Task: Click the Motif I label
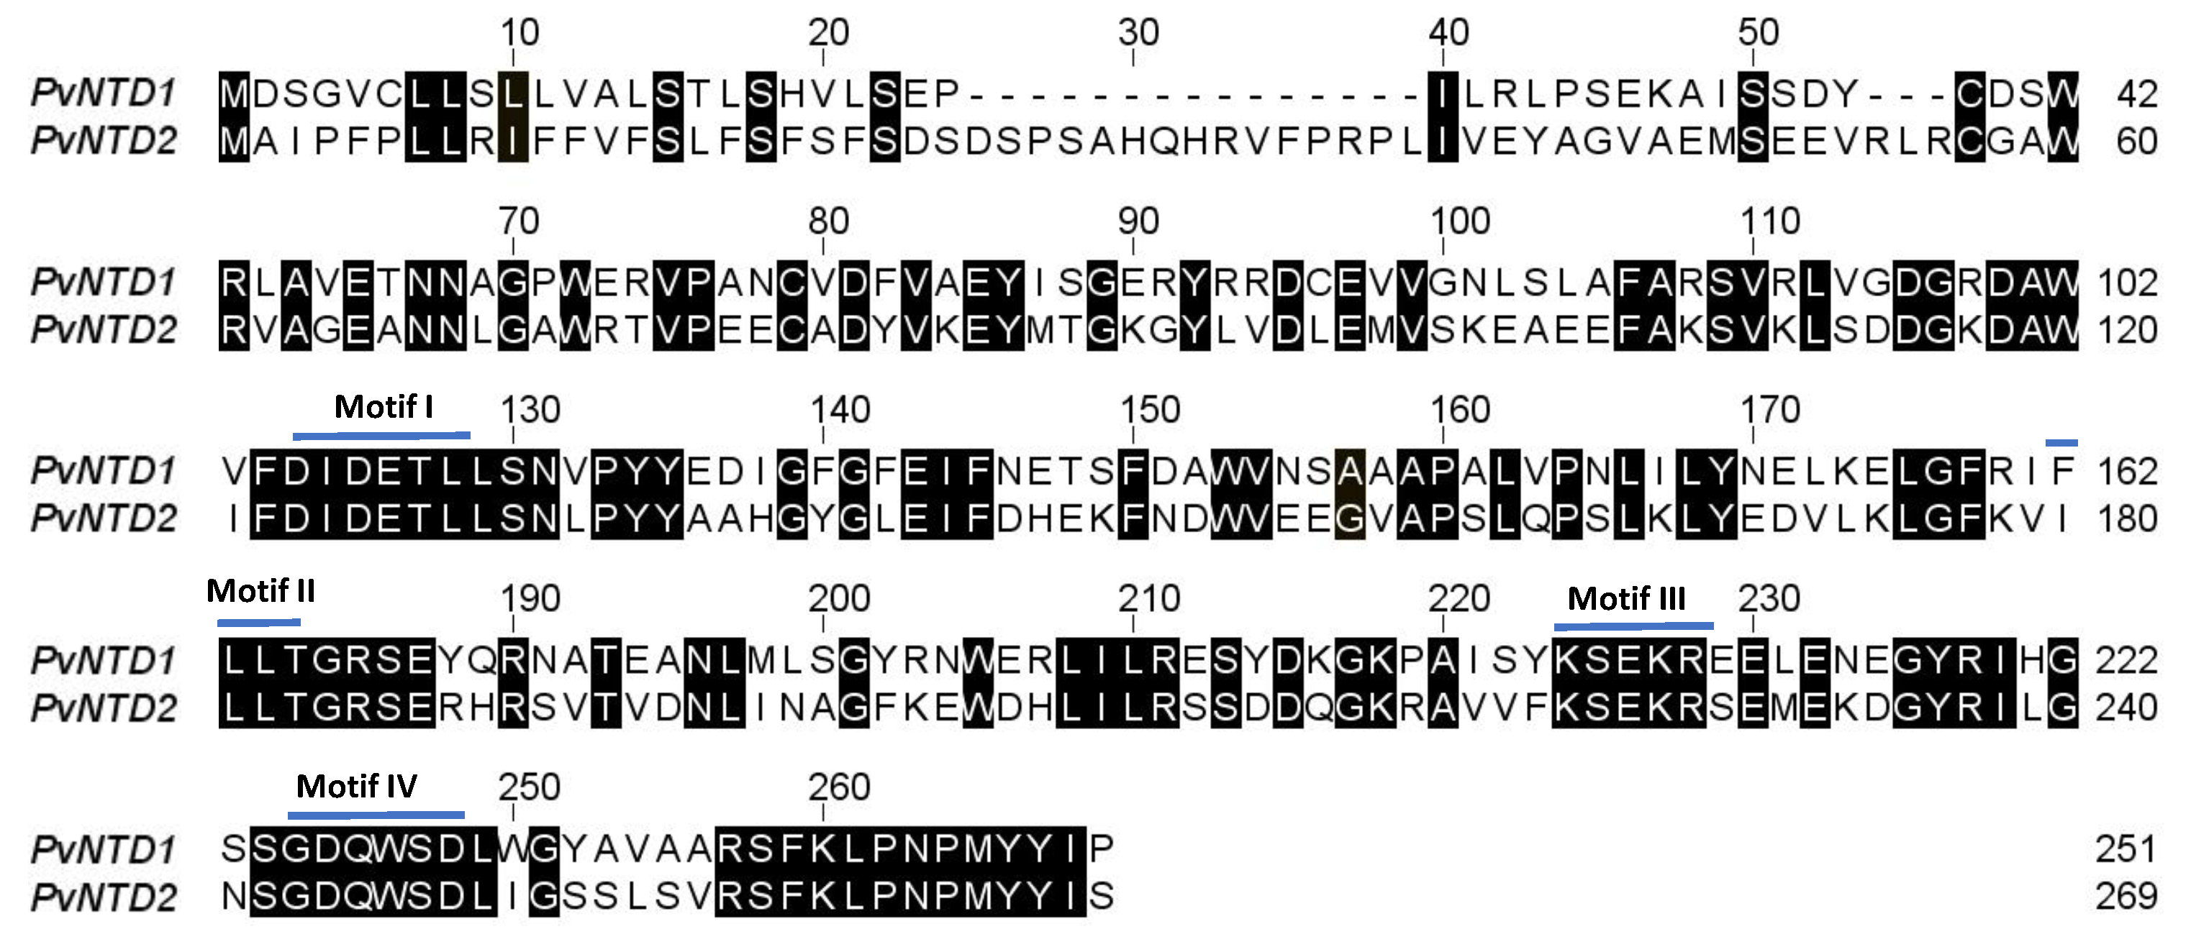(384, 407)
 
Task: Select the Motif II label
(260, 591)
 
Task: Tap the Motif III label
(1626, 598)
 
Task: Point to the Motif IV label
(356, 787)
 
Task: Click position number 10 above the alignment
(519, 33)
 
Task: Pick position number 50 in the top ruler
(1758, 33)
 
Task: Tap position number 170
(1770, 411)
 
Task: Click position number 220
(1459, 599)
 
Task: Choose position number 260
(839, 788)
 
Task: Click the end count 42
(2136, 94)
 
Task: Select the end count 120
(2127, 331)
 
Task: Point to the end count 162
(2127, 472)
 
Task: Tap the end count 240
(2127, 708)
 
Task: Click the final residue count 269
(2126, 897)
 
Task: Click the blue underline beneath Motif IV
(376, 815)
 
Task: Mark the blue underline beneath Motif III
(1633, 626)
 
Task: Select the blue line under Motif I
(381, 435)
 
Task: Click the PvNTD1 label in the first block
(104, 93)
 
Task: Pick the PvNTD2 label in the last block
(104, 897)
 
